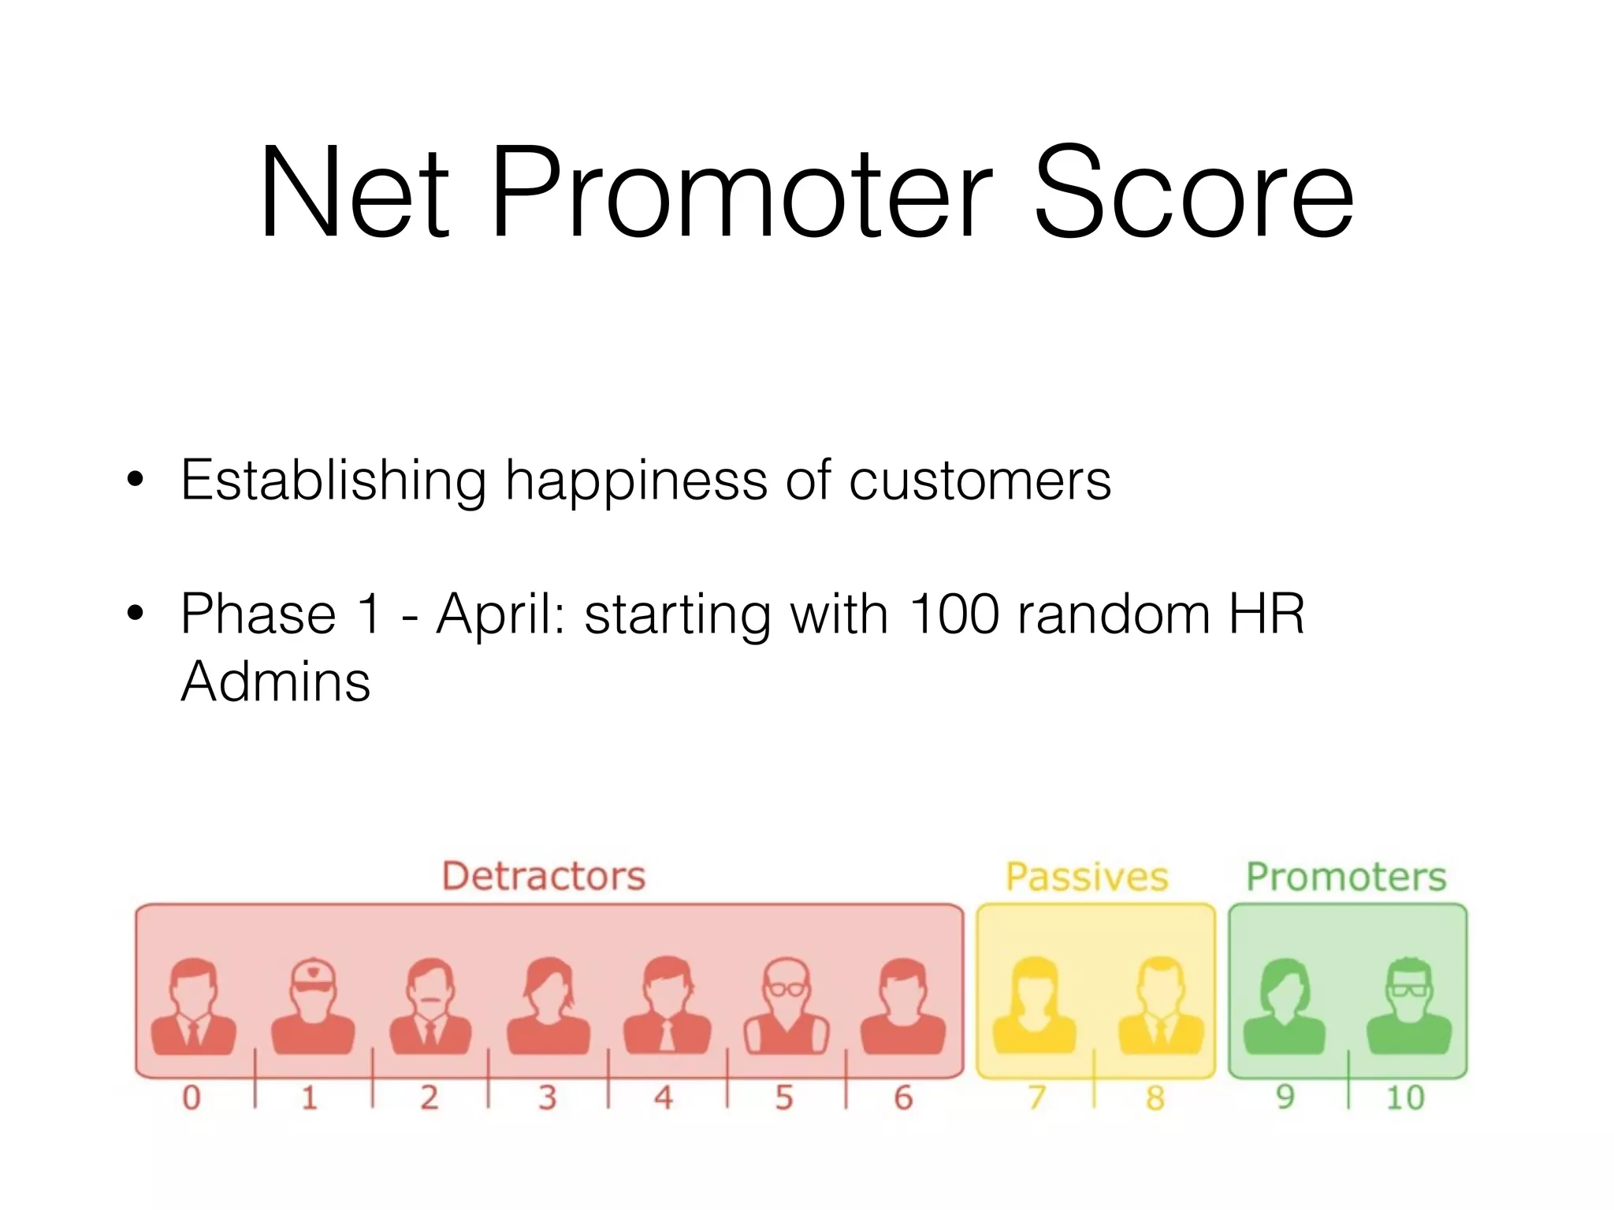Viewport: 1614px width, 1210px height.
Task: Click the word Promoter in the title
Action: (x=741, y=193)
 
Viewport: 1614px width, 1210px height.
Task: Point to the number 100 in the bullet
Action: (x=954, y=614)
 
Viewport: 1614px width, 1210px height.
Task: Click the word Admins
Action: (x=275, y=681)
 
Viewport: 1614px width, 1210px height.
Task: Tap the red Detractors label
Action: (x=544, y=876)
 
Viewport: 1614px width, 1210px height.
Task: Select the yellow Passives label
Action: (x=1087, y=877)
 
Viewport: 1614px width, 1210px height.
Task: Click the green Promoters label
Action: (x=1346, y=877)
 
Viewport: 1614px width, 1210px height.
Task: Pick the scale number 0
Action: (x=192, y=1097)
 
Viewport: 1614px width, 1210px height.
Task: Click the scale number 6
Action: (x=903, y=1097)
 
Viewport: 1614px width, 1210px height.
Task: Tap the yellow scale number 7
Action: (x=1036, y=1097)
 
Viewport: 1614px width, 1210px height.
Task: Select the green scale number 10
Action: (x=1405, y=1097)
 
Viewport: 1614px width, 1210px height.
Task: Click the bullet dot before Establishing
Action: (x=136, y=481)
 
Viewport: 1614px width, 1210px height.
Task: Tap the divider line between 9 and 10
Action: (x=1348, y=1079)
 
